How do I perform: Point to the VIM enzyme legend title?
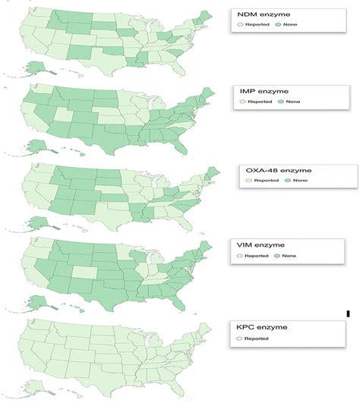261,246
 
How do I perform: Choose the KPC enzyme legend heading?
262,326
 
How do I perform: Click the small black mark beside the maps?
349,313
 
